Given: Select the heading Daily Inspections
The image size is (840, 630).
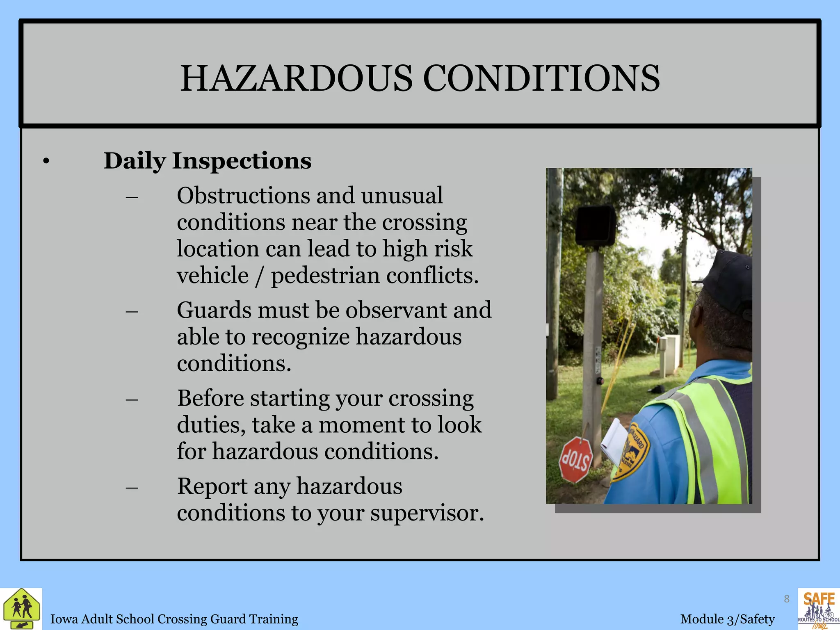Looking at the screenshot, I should click(x=207, y=161).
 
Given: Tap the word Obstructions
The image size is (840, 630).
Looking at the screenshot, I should click(x=243, y=196).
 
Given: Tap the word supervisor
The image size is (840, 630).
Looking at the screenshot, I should click(x=427, y=513).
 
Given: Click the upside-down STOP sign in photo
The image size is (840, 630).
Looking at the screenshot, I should click(x=576, y=459).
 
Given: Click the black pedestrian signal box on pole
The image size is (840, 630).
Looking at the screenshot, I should click(x=595, y=226).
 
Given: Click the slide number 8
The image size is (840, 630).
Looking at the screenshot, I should click(x=786, y=599).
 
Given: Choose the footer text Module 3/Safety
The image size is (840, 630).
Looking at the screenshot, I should click(x=727, y=619).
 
